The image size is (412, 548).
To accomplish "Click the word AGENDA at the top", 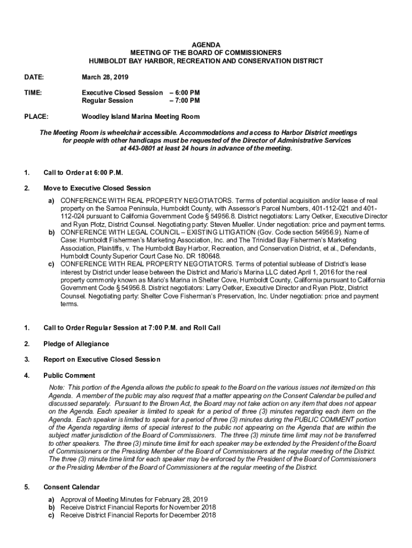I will coord(206,45).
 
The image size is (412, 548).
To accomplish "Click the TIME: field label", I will coord(33,93).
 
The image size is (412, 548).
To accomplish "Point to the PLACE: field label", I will coord(36,117).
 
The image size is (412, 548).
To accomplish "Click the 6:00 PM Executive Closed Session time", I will coord(188,93).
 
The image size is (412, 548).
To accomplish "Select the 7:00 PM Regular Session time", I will coord(188,100).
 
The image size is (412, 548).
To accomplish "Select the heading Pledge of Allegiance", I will coord(76,344).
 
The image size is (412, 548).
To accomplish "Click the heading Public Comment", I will coord(69,376).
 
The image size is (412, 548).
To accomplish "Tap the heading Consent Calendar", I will coord(71,488).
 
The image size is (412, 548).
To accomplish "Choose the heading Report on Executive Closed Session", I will coord(102,360).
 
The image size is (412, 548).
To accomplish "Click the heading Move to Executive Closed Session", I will coord(97,188).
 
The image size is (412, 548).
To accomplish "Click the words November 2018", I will coord(190,507).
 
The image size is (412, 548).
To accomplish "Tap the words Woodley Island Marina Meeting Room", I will coord(140,117).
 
